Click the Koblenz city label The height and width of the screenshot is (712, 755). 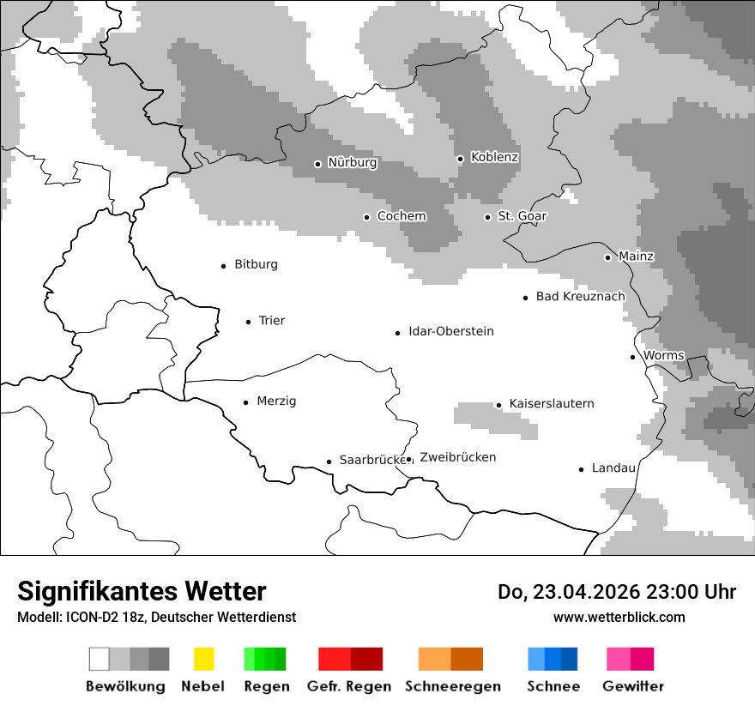[x=494, y=158]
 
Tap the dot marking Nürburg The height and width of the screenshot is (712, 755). [x=317, y=164]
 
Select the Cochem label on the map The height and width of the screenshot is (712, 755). [x=401, y=216]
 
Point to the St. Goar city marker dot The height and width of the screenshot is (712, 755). [x=487, y=217]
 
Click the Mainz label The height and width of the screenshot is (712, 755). [x=636, y=256]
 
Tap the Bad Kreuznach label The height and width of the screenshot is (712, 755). [x=580, y=297]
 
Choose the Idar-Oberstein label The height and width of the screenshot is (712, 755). [x=450, y=332]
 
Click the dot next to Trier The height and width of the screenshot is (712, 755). [x=249, y=322]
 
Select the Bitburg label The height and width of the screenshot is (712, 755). [x=256, y=265]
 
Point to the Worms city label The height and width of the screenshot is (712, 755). [x=663, y=356]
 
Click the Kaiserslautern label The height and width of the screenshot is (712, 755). [x=551, y=404]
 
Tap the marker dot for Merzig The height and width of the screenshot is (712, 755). [x=246, y=402]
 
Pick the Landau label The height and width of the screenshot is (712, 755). [x=613, y=468]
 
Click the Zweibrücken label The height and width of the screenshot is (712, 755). [x=457, y=458]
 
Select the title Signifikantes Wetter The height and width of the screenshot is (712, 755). [x=142, y=591]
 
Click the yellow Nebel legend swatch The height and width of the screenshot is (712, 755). [x=203, y=659]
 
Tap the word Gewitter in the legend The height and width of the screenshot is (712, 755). [x=632, y=686]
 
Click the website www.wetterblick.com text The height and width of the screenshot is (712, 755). [x=619, y=618]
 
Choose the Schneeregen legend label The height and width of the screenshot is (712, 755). [x=452, y=686]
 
